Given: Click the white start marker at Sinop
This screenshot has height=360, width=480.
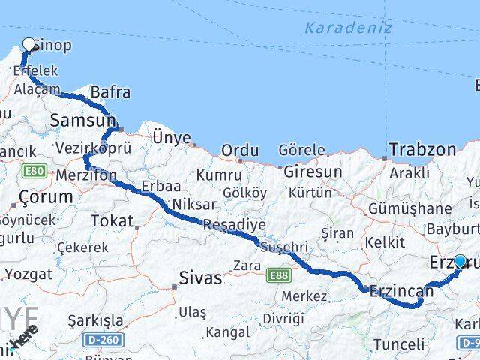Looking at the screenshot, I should pos(29,44).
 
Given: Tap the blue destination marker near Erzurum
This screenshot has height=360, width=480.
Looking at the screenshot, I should pos(460,261).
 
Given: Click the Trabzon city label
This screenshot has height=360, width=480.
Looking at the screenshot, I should pos(422,149).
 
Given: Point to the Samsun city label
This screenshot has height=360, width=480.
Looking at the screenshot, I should pos(82,120).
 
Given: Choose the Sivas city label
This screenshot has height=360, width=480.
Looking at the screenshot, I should pos(200,278).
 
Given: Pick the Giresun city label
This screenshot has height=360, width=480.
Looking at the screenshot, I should pos(313,172).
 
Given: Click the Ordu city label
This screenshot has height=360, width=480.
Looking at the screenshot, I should pos(240,151).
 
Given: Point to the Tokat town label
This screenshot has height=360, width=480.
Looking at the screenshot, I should pos(110,220).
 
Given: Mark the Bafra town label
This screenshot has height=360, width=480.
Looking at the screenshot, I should pos(110,92).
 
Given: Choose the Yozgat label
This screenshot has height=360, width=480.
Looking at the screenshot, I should pos(27,274).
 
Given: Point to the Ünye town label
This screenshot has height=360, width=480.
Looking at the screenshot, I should pos(172,136).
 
